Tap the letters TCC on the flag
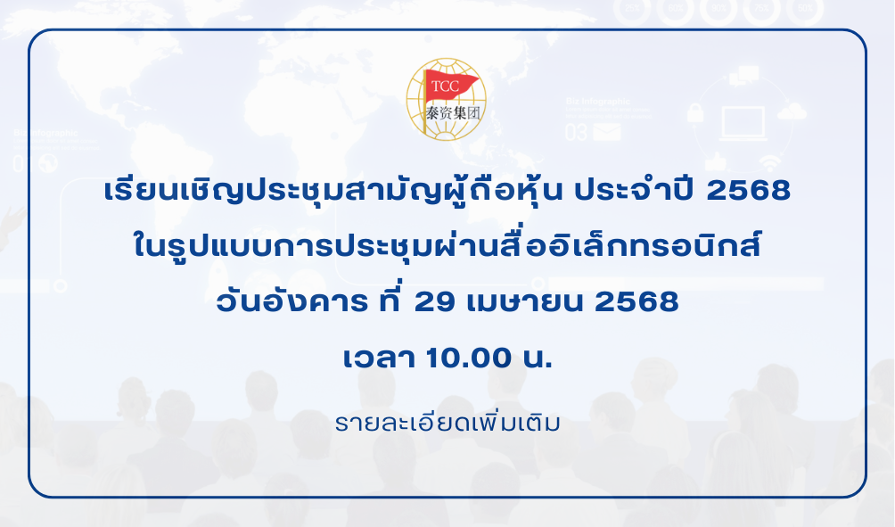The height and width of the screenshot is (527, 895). pyautogui.click(x=445, y=86)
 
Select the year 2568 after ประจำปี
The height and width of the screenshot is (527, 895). pyautogui.click(x=748, y=190)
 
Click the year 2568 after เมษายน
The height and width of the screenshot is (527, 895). pyautogui.click(x=636, y=301)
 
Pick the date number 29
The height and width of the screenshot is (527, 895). pyautogui.click(x=435, y=301)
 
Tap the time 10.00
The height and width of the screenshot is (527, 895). pyautogui.click(x=469, y=358)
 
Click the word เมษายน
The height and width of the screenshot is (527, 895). pyautogui.click(x=525, y=302)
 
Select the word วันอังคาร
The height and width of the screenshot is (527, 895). pyautogui.click(x=291, y=301)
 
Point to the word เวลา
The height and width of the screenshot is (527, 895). pyautogui.click(x=379, y=358)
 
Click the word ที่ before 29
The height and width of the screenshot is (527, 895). pyautogui.click(x=391, y=300)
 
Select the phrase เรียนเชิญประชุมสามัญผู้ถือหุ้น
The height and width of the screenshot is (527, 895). pyautogui.click(x=334, y=190)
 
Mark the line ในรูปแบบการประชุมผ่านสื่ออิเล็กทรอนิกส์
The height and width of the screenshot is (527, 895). pyautogui.click(x=447, y=244)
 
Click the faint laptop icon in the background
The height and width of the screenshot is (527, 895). pyautogui.click(x=743, y=123)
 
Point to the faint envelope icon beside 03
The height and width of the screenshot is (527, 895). pyautogui.click(x=607, y=132)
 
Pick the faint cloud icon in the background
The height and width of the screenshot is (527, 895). pyautogui.click(x=792, y=111)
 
